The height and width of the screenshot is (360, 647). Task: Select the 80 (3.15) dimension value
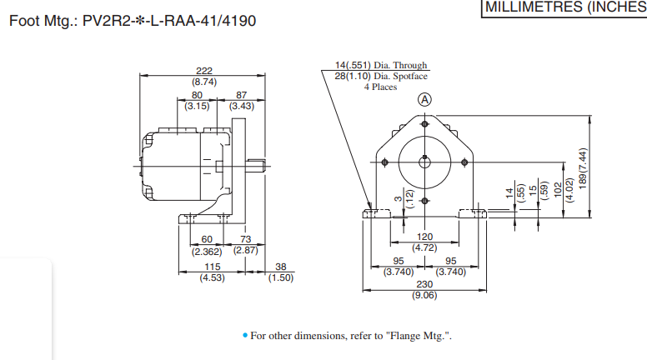point(197,101)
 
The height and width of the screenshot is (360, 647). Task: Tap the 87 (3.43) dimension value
point(242,101)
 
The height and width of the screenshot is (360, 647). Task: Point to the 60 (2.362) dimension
point(207,245)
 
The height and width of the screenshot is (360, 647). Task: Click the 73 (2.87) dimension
point(244,245)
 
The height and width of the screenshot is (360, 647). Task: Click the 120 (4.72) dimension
point(425,242)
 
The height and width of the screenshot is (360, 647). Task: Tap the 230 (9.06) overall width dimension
point(425,288)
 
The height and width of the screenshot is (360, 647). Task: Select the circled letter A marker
point(425,99)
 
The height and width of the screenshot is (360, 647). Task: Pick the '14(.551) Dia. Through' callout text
point(381,65)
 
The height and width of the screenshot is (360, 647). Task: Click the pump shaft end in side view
point(263,164)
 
